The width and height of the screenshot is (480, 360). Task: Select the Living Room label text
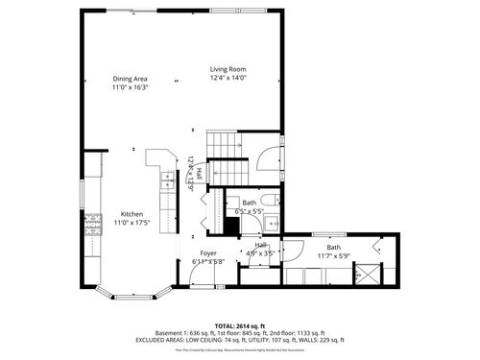228,69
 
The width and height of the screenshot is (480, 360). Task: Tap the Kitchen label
132,213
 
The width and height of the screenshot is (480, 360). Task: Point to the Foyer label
207,253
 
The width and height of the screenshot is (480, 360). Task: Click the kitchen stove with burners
93,227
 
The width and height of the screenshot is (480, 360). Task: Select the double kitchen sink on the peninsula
167,179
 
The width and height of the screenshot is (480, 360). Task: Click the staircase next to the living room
227,158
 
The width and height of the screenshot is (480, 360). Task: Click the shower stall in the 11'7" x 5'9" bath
366,275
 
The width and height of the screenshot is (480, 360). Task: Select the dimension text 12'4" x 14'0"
228,79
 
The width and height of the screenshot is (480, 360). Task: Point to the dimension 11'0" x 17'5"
132,222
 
